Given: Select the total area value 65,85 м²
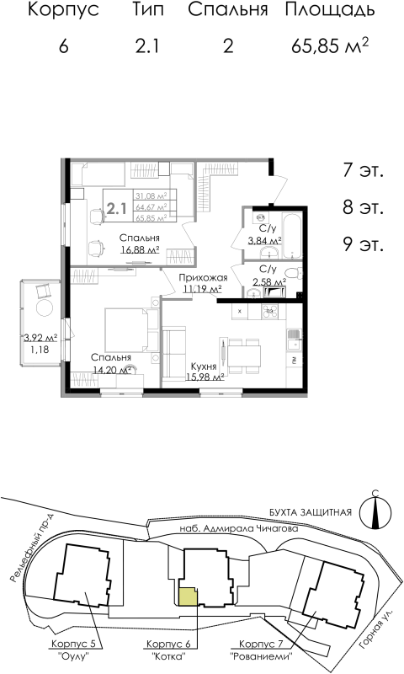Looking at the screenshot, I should point(329,45).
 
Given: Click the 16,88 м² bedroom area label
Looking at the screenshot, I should point(140,249).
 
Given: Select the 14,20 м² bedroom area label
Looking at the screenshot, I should point(111,369).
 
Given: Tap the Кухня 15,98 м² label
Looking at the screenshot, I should point(204,372).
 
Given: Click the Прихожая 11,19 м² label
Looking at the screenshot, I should point(202,284).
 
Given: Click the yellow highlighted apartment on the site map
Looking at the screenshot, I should point(187,596).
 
